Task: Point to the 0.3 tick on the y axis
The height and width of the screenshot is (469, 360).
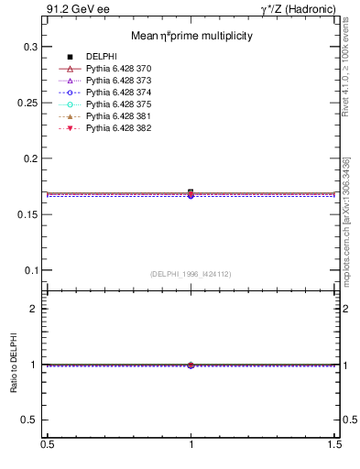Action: tap(30, 46)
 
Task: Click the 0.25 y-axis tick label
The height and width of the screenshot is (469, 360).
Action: tap(27, 102)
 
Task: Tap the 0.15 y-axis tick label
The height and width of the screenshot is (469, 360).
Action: tap(27, 214)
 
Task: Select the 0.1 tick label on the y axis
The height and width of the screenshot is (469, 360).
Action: tap(30, 270)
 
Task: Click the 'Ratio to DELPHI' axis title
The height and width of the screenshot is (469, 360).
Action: tap(14, 364)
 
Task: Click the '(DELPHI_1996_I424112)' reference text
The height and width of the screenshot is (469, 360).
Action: tap(191, 274)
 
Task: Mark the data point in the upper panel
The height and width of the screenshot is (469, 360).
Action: tap(191, 192)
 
